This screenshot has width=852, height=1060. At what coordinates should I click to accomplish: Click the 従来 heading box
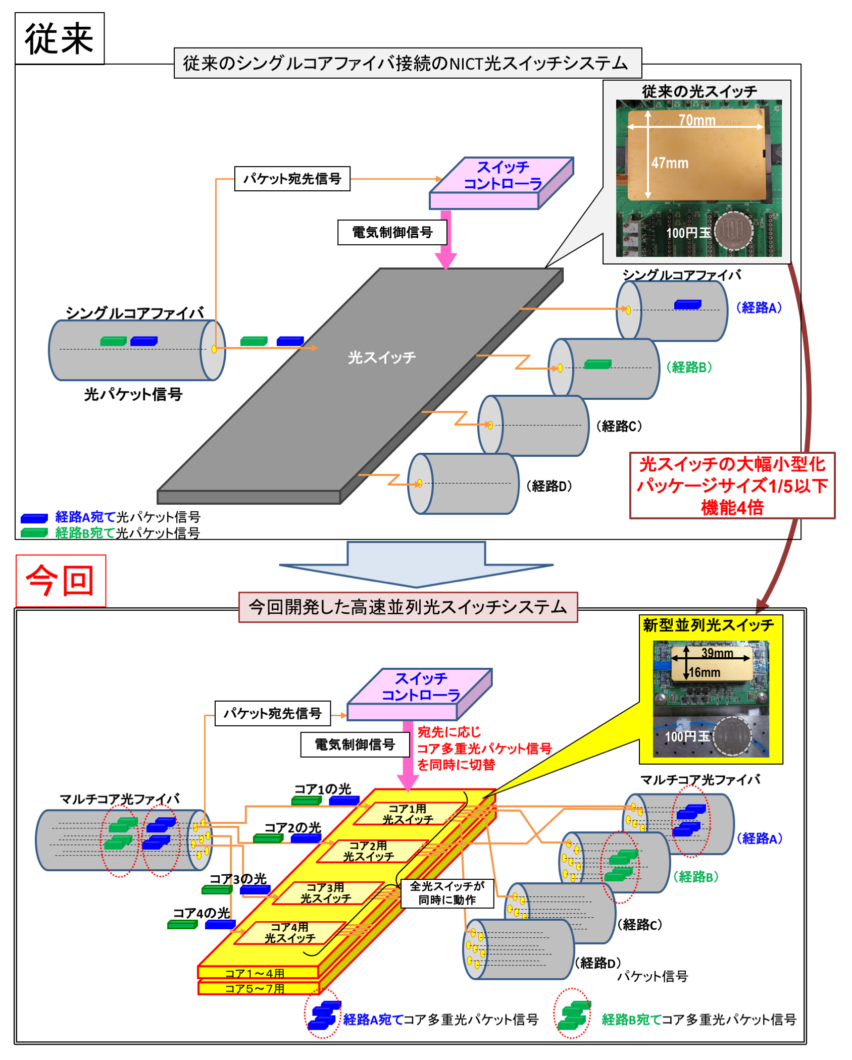tap(60, 39)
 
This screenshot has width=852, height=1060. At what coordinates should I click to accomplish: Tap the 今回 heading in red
tap(61, 580)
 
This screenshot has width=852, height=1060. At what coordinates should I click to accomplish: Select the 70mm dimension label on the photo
tap(697, 120)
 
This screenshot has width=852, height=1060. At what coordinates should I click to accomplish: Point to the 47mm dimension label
tap(670, 163)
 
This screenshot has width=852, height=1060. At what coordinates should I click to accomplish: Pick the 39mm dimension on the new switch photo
tap(717, 653)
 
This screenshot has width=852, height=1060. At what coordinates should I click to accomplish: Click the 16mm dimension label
tap(705, 672)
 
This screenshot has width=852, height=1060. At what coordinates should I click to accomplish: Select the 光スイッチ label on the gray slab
tap(382, 357)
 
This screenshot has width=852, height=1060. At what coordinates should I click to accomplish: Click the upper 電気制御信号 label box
tap(392, 232)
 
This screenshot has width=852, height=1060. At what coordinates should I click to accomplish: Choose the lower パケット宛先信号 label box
tap(273, 713)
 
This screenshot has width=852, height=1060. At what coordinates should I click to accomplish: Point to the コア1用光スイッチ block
tap(408, 814)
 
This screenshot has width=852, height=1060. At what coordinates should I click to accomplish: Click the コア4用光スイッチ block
tap(290, 932)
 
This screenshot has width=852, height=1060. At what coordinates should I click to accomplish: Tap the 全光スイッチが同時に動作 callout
tap(447, 893)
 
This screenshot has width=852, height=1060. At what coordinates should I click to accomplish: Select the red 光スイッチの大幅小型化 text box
tap(732, 485)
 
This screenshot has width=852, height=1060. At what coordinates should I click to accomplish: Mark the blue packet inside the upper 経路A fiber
tap(687, 304)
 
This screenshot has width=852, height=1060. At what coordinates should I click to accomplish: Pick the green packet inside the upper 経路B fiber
tap(597, 364)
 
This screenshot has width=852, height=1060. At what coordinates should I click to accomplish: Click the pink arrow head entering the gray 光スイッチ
tap(446, 260)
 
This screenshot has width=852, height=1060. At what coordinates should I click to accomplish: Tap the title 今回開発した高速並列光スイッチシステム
tap(408, 607)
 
